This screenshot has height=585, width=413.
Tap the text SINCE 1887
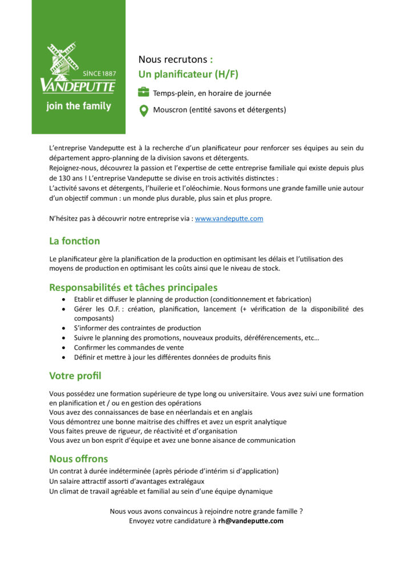coord(99,74)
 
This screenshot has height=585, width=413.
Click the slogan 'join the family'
coord(79,106)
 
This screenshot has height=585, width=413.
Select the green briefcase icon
coord(144,93)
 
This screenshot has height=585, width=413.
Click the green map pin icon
coord(144,110)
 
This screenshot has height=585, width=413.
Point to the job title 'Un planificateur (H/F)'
coord(188,74)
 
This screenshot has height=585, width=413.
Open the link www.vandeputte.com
coord(229,218)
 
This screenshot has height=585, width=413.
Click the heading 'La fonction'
coord(74,241)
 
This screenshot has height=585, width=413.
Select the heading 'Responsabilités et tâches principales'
coord(133,287)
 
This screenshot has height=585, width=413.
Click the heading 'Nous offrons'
coord(78,459)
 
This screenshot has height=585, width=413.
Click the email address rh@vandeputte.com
coord(250,520)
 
